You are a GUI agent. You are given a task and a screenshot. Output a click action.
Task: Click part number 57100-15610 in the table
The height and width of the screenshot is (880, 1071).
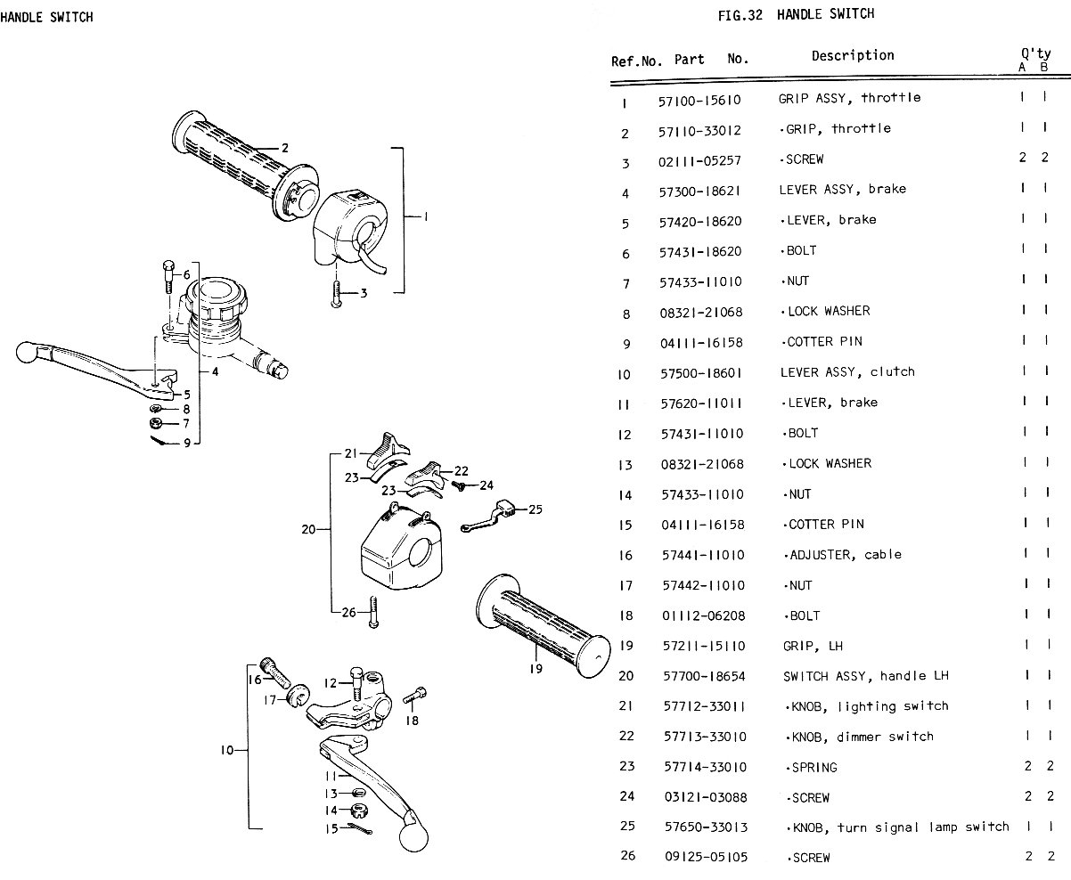pyautogui.click(x=699, y=100)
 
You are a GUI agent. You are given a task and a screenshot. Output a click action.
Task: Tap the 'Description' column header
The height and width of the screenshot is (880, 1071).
pyautogui.click(x=853, y=56)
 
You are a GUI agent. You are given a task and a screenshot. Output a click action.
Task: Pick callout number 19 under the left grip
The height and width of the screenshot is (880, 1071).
pyautogui.click(x=535, y=669)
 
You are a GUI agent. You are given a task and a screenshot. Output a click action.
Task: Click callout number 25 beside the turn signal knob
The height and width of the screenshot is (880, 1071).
pyautogui.click(x=535, y=509)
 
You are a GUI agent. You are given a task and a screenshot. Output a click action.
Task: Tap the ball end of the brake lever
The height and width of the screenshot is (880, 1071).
pyautogui.click(x=25, y=354)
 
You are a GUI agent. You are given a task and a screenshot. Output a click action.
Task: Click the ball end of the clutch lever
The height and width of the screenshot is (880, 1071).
pyautogui.click(x=413, y=836)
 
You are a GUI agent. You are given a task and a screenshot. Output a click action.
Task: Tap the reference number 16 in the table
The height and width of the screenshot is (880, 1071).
pyautogui.click(x=625, y=555)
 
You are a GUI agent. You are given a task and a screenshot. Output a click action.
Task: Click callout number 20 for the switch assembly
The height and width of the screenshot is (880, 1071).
pyautogui.click(x=308, y=529)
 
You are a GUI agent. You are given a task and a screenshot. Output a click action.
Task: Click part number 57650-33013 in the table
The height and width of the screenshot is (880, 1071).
pyautogui.click(x=707, y=827)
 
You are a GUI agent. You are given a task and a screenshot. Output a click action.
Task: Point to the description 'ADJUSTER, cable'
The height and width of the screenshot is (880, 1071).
pyautogui.click(x=845, y=554)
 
